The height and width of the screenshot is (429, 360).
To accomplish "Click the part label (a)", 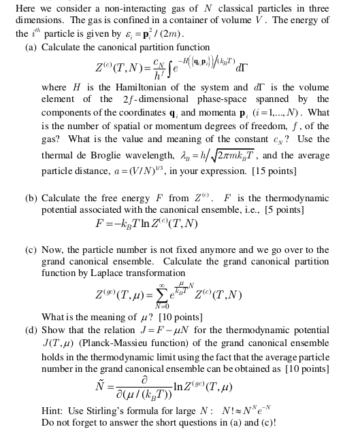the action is pos(31,48).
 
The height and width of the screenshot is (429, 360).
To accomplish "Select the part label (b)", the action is pos(31,199).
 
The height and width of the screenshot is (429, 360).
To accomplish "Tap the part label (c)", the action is pos(31,250).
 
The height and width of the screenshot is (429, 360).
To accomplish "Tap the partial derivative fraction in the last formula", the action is pos(145,388).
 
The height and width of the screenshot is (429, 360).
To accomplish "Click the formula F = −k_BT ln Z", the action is pos(147,224).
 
